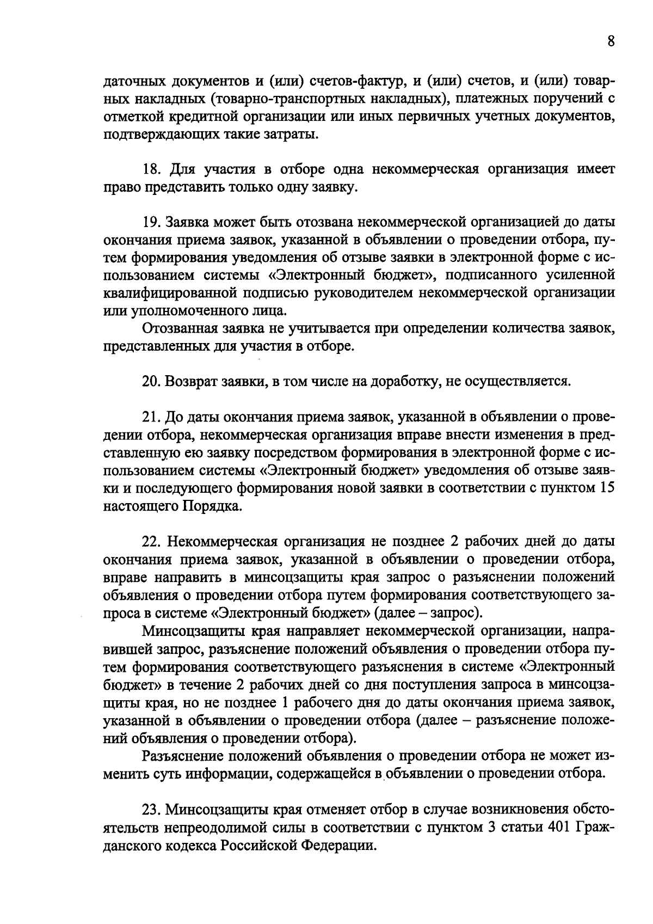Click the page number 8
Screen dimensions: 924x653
(611, 41)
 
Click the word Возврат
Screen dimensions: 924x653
(191, 382)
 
